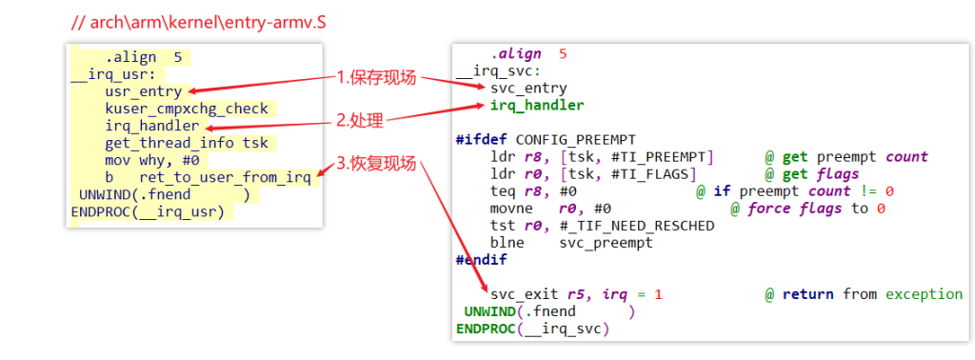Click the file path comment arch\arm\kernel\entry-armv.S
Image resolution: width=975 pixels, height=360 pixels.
[199, 23]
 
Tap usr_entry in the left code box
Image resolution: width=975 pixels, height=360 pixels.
[144, 92]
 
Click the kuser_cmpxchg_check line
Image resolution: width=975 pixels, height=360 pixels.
[187, 109]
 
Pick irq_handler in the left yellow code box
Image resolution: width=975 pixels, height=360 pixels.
[152, 127]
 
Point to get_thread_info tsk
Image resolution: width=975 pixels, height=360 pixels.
[187, 144]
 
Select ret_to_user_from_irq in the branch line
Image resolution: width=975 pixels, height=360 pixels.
[225, 178]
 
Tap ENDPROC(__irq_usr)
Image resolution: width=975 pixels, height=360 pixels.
[148, 212]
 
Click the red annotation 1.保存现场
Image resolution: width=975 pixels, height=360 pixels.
[376, 78]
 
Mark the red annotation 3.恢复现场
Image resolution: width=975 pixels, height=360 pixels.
[376, 164]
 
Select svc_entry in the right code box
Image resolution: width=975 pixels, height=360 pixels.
[528, 89]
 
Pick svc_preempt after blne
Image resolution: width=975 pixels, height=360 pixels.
[607, 243]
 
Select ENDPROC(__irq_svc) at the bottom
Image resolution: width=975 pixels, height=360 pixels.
[533, 329]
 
